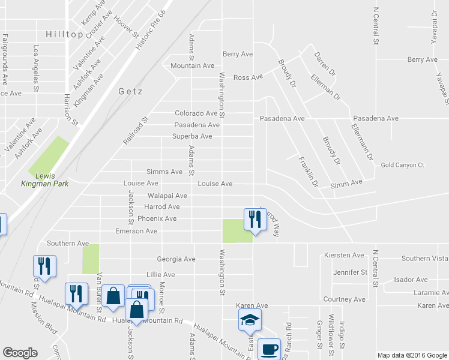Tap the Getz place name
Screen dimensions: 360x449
click(127, 91)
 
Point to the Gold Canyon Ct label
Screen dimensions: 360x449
click(402, 165)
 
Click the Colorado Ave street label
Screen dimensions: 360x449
click(196, 113)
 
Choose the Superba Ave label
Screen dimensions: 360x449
click(193, 137)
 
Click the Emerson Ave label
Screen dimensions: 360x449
click(136, 231)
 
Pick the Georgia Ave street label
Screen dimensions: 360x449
click(176, 259)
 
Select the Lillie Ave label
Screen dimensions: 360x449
click(160, 275)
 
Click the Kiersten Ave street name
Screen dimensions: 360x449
click(344, 255)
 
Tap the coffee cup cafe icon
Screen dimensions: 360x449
click(269, 348)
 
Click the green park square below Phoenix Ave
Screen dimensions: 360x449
click(237, 231)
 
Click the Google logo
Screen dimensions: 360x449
click(20, 353)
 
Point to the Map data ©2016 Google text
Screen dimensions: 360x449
click(412, 355)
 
